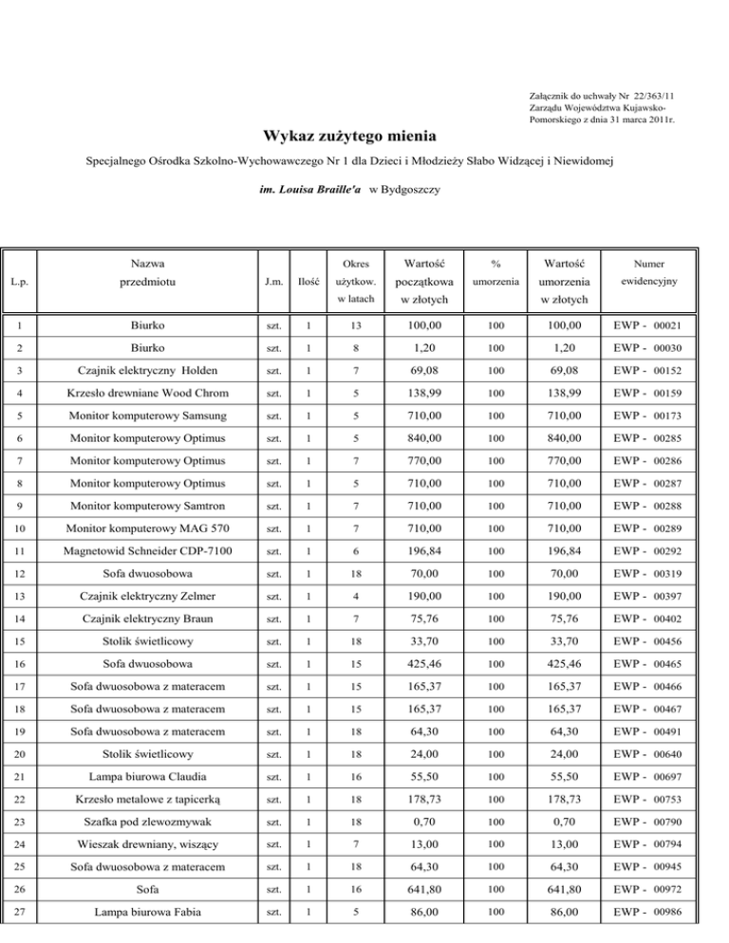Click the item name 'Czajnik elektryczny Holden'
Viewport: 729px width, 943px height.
pos(146,368)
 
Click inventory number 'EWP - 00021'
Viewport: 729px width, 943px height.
pos(650,325)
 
